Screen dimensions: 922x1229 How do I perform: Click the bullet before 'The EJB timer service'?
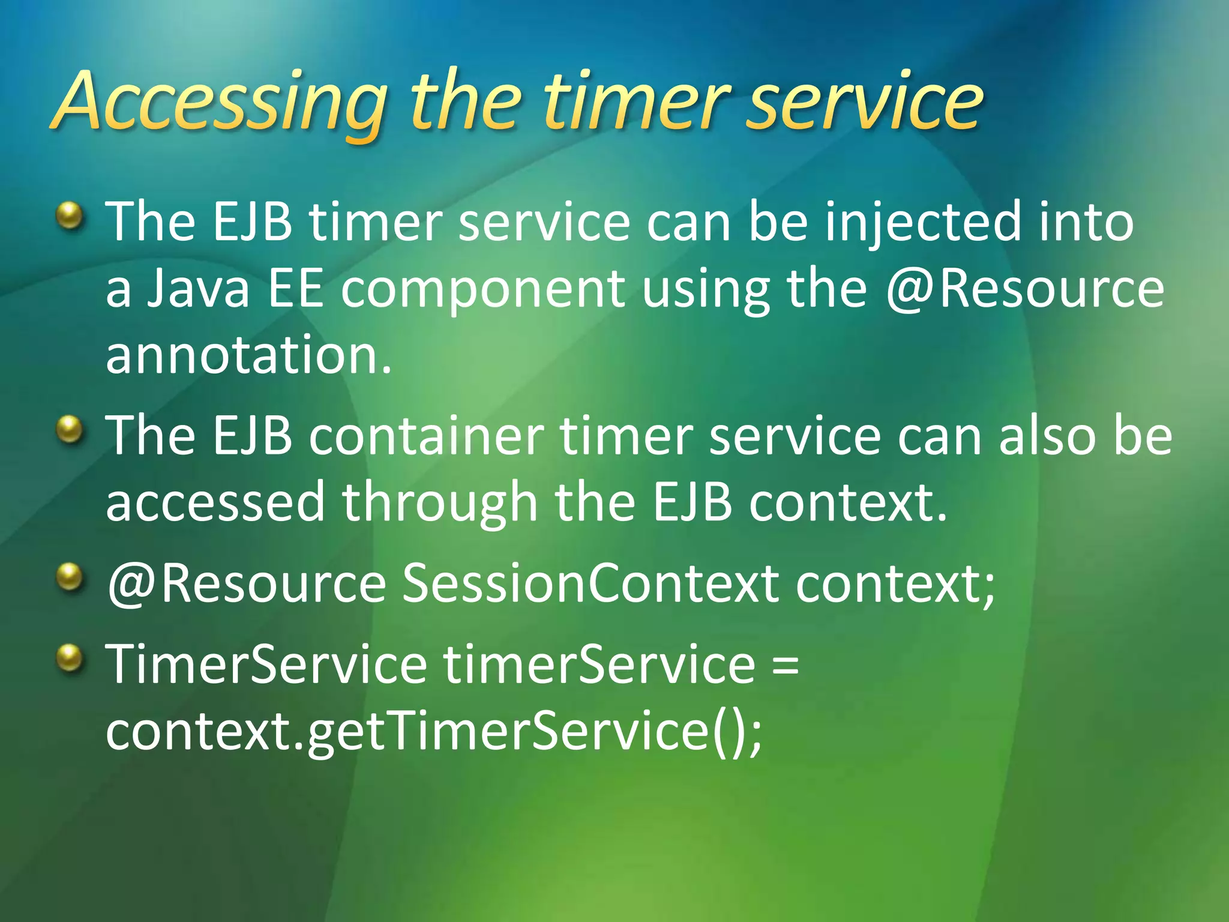point(71,216)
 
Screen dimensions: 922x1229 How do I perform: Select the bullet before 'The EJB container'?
point(71,430)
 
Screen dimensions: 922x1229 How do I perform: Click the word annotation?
point(248,355)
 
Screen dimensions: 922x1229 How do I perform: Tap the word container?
point(426,436)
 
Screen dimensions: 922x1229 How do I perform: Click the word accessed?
point(215,503)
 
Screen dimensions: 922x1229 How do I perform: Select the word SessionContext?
point(590,583)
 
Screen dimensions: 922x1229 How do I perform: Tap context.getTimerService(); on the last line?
point(433,732)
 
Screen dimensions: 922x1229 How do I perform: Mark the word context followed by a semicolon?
point(894,583)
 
